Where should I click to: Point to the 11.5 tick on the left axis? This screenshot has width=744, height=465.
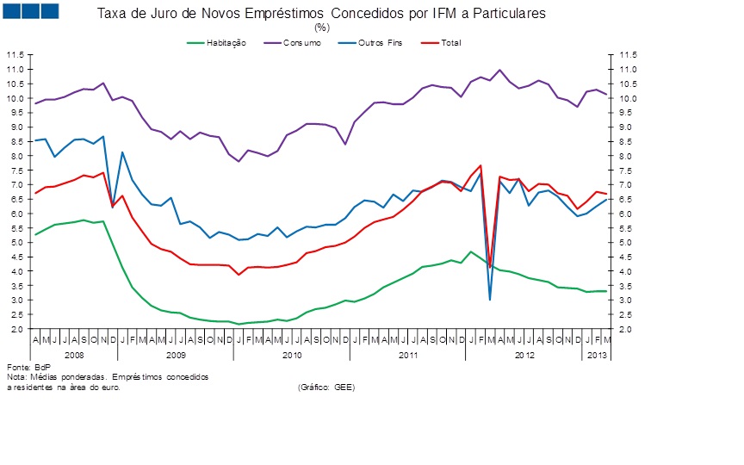coord(15,54)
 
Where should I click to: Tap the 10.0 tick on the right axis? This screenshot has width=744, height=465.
coord(626,98)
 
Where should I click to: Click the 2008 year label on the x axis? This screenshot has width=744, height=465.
coord(74,355)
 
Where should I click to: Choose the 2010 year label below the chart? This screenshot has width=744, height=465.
coord(291,355)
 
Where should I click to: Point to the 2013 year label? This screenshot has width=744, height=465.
coord(596,355)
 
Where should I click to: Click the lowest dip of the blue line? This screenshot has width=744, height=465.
coord(490,300)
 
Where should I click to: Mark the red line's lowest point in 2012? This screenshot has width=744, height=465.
coord(490,267)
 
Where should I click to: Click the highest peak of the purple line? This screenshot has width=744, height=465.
coord(500,70)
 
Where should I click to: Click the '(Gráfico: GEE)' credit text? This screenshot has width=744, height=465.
coord(326,387)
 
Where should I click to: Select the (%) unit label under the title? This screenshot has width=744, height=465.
coord(322,27)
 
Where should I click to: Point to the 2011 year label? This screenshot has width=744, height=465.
coord(408,355)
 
